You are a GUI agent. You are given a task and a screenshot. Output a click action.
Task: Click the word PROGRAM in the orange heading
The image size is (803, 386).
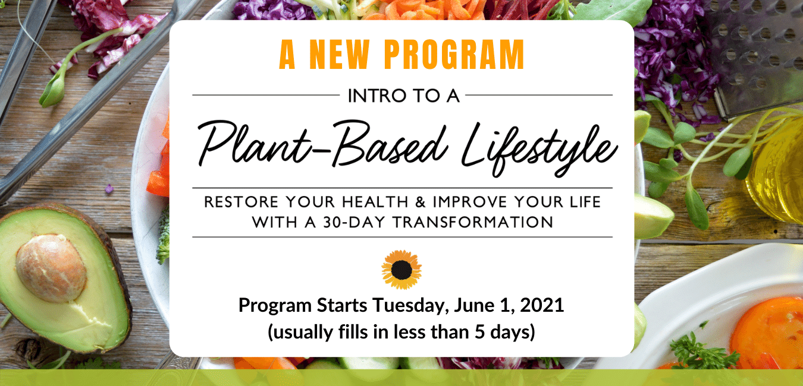[x=454, y=55]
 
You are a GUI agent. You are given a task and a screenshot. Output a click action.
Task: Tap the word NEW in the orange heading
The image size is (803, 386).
[x=339, y=55]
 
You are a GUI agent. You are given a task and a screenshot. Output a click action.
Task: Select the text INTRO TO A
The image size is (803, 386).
[x=404, y=96]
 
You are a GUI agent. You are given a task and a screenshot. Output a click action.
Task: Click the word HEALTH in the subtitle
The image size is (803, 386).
[x=375, y=202]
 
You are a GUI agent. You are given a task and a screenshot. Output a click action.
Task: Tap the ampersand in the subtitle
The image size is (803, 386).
[x=421, y=202]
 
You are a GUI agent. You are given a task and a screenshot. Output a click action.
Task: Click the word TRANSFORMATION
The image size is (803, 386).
[x=473, y=223]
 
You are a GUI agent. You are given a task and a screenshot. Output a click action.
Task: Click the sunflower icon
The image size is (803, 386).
[x=401, y=270]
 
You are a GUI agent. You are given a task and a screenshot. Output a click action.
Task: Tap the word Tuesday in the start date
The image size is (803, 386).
[x=411, y=306]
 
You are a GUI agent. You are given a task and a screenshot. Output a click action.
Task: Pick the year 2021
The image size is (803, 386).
[x=542, y=305]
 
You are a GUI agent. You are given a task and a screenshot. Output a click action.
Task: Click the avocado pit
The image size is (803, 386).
[x=51, y=268]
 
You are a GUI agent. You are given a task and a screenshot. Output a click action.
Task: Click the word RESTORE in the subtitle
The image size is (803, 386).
[x=241, y=202]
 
